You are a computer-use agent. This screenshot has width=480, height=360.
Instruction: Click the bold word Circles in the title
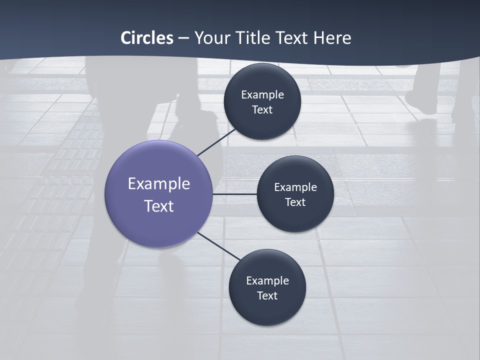(147, 38)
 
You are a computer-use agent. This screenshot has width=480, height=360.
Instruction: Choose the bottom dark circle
(267, 310)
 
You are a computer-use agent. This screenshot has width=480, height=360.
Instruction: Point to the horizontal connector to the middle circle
(235, 194)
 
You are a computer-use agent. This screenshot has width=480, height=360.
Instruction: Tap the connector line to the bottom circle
(219, 246)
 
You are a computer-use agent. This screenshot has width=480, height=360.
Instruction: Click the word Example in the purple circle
(159, 184)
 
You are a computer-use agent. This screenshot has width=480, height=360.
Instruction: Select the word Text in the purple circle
(159, 206)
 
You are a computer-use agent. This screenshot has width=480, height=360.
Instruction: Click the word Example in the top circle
(262, 95)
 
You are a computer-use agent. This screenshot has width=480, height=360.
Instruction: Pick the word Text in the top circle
(262, 110)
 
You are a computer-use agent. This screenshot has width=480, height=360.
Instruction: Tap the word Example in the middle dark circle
(295, 187)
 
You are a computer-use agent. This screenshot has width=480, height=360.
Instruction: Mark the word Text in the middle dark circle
(295, 202)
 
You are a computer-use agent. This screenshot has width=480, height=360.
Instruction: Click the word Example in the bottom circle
(267, 281)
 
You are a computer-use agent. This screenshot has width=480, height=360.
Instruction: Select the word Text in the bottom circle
(267, 296)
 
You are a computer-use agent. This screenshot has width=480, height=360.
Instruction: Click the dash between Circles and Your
(183, 38)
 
